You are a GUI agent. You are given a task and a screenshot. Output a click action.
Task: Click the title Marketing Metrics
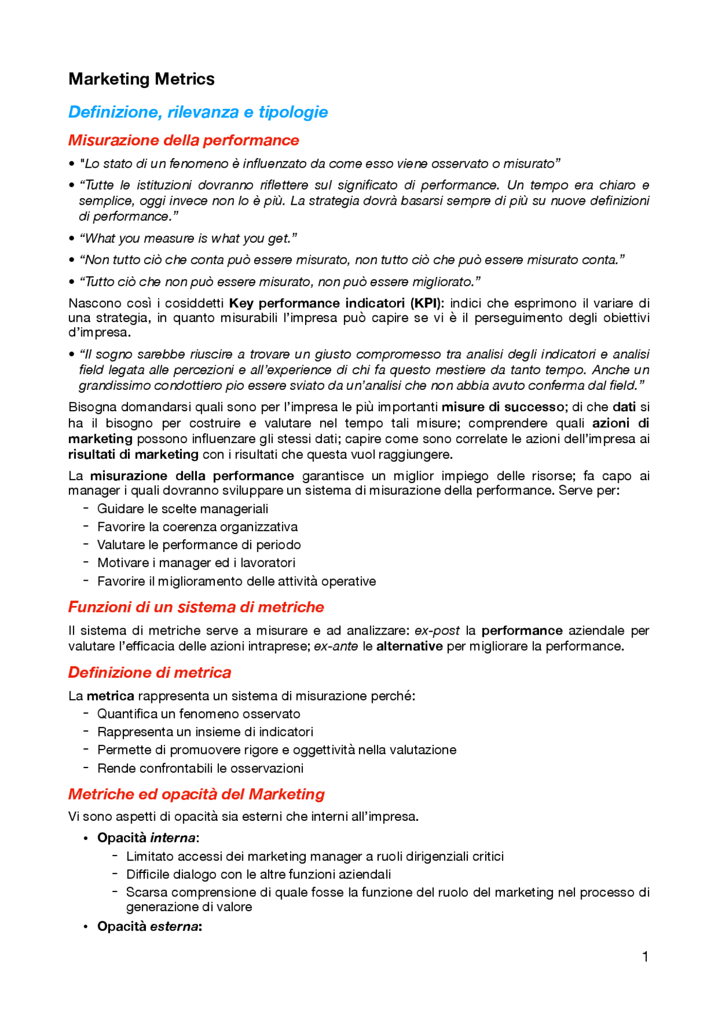click(141, 79)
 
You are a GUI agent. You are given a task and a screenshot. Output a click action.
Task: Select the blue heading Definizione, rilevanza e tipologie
click(198, 112)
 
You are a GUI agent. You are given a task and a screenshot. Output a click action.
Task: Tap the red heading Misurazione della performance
click(183, 140)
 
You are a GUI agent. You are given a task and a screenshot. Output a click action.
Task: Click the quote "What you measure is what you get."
click(188, 238)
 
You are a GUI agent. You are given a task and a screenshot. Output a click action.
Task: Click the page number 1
click(645, 957)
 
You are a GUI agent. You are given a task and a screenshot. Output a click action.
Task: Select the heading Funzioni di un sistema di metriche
click(196, 607)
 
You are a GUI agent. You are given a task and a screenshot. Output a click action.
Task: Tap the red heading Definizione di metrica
click(149, 673)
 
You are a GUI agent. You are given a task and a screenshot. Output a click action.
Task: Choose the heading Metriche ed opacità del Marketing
click(196, 794)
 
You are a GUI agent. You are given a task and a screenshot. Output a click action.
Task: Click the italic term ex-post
click(437, 631)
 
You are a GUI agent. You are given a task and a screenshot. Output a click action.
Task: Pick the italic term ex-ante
click(336, 646)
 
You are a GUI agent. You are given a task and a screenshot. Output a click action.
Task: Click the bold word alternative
click(409, 646)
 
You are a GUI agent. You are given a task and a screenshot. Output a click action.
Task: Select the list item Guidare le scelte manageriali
click(182, 509)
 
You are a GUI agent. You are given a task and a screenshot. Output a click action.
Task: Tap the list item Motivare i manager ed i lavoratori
click(196, 563)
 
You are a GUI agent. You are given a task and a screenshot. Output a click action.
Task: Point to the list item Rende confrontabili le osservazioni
click(200, 768)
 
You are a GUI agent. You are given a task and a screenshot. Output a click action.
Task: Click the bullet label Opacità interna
click(148, 838)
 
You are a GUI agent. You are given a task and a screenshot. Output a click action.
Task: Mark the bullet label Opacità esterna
click(149, 926)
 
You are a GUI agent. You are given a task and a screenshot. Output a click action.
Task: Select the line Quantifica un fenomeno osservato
click(199, 714)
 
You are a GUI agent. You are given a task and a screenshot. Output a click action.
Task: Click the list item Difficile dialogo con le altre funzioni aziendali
click(259, 874)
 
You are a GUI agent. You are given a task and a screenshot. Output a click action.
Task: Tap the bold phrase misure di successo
click(503, 407)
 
